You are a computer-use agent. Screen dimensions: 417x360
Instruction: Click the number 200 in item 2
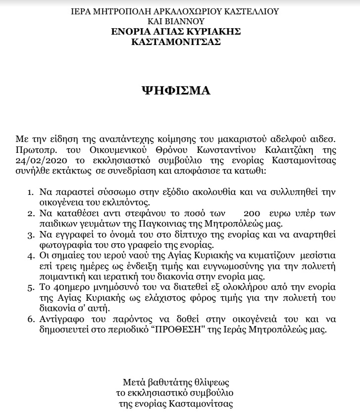(252, 214)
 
